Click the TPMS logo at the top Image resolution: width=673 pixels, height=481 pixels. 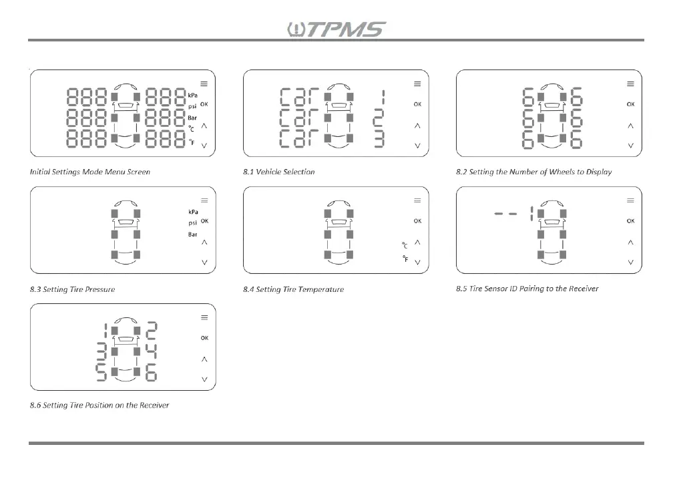(x=336, y=29)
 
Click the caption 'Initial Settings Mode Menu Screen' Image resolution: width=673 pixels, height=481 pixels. (x=90, y=172)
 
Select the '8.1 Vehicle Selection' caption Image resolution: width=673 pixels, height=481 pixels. (x=278, y=172)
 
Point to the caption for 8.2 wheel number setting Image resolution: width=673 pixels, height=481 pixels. (x=533, y=172)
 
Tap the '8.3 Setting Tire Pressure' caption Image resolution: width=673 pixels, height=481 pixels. (x=72, y=289)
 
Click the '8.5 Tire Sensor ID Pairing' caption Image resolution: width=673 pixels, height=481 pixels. (x=527, y=289)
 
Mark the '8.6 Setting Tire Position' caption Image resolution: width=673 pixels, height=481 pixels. (x=99, y=406)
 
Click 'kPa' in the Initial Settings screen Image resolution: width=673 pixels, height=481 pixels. (x=193, y=95)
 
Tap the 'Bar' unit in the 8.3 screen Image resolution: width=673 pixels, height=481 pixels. (x=193, y=234)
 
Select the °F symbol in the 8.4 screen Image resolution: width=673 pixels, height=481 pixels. (x=405, y=259)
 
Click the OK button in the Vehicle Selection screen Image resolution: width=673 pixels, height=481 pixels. (x=417, y=104)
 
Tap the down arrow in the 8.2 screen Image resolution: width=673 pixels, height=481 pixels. (x=630, y=145)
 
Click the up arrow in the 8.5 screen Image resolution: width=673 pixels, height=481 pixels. (x=630, y=242)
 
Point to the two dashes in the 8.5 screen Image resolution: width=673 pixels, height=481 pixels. (x=507, y=214)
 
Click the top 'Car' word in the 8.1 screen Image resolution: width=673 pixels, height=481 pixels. (x=294, y=98)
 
